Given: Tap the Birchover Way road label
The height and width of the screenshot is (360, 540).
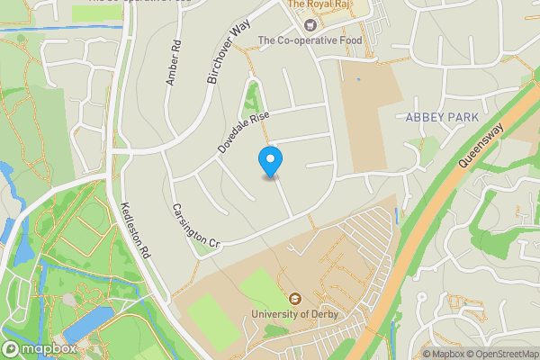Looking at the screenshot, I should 227,53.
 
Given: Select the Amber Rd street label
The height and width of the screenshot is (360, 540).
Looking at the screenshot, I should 173,63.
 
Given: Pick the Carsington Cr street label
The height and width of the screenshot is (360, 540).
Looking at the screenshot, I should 195,225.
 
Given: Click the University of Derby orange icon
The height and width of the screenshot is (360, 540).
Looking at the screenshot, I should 294,299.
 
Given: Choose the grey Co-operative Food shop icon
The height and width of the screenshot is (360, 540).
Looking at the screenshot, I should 248,40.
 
